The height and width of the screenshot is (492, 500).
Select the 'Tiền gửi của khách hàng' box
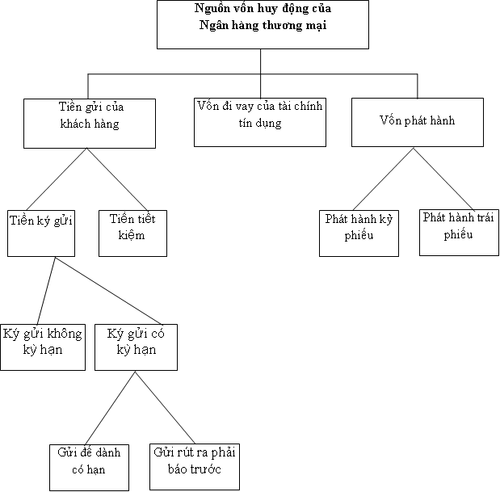[x=89, y=123]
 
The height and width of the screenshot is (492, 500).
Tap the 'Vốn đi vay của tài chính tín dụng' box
[x=260, y=122]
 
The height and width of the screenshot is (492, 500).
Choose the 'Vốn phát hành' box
[x=417, y=122]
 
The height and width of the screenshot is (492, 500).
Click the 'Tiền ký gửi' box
[x=42, y=233]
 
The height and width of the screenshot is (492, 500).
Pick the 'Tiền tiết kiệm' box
[x=132, y=233]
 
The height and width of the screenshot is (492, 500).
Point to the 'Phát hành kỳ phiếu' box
[x=359, y=233]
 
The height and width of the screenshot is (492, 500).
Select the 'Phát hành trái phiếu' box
[x=458, y=233]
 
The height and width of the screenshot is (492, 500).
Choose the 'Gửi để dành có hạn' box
[x=89, y=467]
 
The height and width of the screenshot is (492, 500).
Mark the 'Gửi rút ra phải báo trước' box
[x=194, y=467]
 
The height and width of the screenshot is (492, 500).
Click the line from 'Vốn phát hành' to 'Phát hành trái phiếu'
[x=444, y=178]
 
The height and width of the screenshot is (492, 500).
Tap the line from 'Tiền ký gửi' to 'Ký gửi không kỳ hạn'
[x=46, y=291]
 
